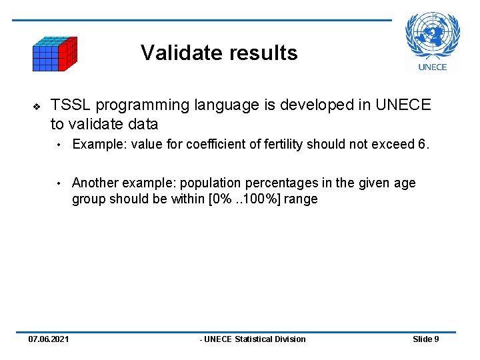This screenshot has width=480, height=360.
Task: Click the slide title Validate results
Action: pyautogui.click(x=219, y=53)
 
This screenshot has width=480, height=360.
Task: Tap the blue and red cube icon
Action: pyautogui.click(x=55, y=54)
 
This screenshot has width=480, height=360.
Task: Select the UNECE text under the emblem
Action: pyautogui.click(x=432, y=67)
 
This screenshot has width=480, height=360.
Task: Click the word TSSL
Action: pyautogui.click(x=71, y=105)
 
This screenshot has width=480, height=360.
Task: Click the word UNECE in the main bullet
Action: pyautogui.click(x=403, y=105)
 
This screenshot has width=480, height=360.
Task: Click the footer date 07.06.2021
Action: pyautogui.click(x=48, y=339)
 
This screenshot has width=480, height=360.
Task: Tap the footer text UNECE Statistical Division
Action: pyautogui.click(x=253, y=339)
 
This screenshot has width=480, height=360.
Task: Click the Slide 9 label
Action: pyautogui.click(x=425, y=339)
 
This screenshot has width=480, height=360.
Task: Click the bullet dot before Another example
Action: pyautogui.click(x=59, y=183)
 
